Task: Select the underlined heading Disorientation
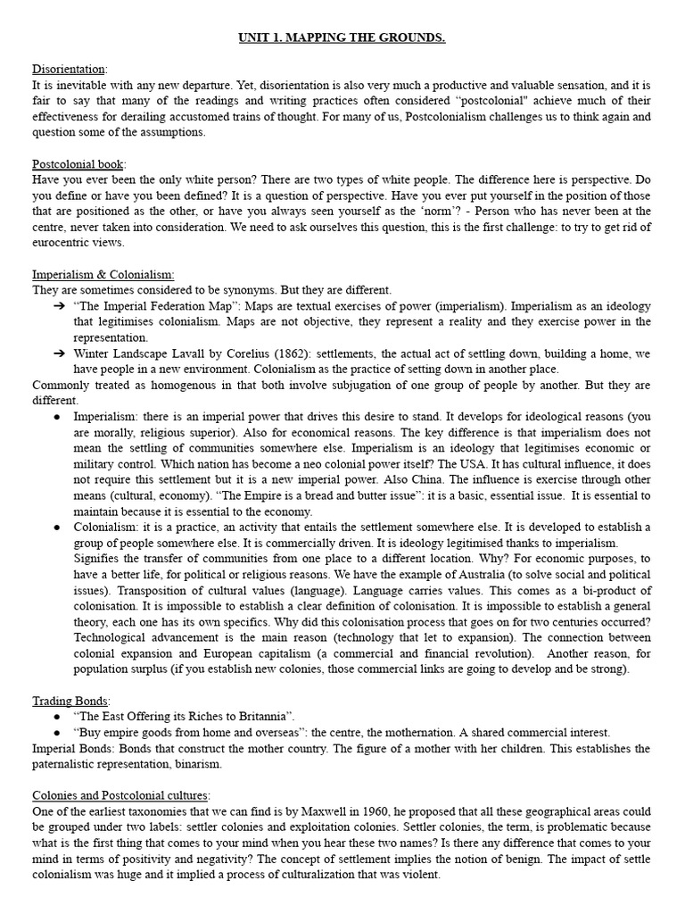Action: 69,69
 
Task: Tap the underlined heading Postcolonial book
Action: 78,164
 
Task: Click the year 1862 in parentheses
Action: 258,353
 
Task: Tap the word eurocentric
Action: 63,243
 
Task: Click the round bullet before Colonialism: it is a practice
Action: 57,527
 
